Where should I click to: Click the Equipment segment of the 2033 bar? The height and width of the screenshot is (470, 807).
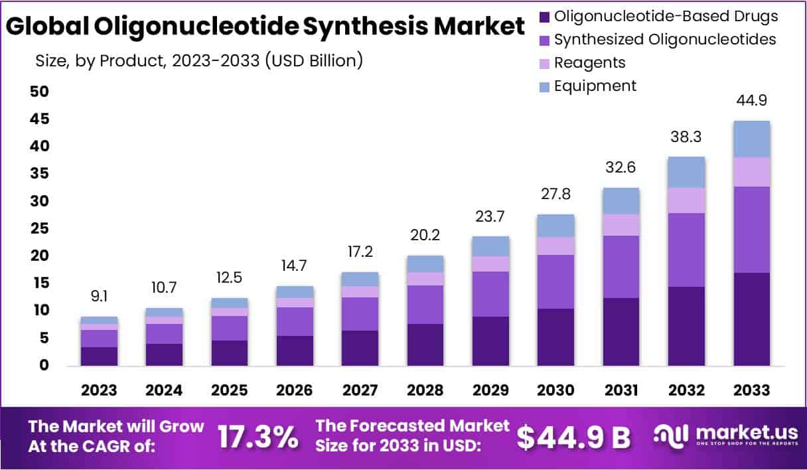pos(751,139)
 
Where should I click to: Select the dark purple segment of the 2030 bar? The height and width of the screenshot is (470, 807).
pos(555,337)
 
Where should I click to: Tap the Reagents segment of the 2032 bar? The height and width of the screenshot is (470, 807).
pos(686,200)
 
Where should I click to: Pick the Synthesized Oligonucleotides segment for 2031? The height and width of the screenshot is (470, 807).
pos(621,267)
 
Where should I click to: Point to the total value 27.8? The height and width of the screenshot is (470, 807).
pos(555,195)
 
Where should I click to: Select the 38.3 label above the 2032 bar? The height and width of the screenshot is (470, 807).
pos(686,137)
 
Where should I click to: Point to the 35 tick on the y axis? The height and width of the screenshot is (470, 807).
pos(40,174)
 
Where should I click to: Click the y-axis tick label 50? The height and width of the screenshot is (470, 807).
pos(40,92)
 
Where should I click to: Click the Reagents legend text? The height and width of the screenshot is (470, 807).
pos(589,62)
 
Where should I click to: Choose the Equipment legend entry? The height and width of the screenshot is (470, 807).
pos(595,86)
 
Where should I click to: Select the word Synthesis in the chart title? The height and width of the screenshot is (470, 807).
pos(366,27)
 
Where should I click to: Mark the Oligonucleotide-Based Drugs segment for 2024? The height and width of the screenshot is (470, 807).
pos(164,354)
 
